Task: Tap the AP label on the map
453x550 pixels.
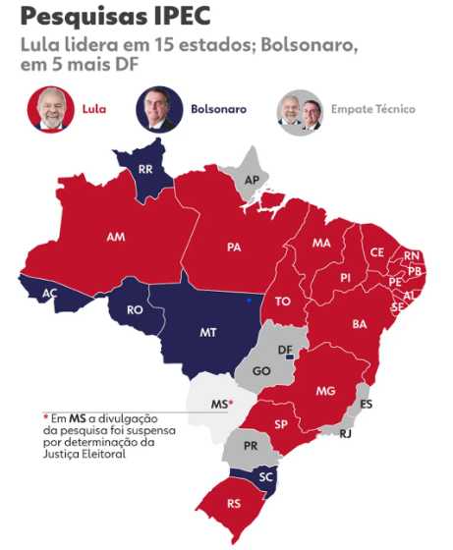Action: pos(252,179)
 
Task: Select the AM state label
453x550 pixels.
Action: pos(116,237)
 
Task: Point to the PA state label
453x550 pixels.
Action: pos(234,247)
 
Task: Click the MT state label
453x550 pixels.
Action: pos(208,333)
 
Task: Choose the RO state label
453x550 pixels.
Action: pos(136,310)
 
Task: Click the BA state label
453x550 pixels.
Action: pos(360,323)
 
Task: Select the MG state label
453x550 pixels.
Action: pos(326,391)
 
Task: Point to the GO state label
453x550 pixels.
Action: pos(261,372)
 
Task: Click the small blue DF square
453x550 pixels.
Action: pos(288,357)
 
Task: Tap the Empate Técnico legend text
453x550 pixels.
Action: pos(373,109)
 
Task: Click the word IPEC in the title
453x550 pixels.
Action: pos(182,17)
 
